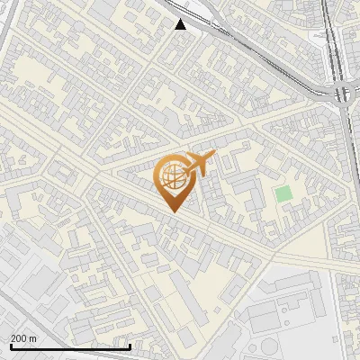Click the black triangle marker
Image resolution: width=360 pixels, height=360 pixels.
tap(181, 24)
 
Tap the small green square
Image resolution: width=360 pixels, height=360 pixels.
tap(283, 193)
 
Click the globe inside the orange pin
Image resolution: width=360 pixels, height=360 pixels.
tap(171, 176)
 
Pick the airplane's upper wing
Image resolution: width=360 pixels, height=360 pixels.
tap(194, 155)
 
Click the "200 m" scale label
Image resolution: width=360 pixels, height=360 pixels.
tap(24, 338)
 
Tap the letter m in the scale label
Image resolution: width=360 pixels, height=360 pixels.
tap(34, 338)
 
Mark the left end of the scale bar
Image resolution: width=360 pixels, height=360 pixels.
tap(10, 346)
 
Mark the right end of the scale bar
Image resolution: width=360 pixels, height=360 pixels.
tap(130, 346)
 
